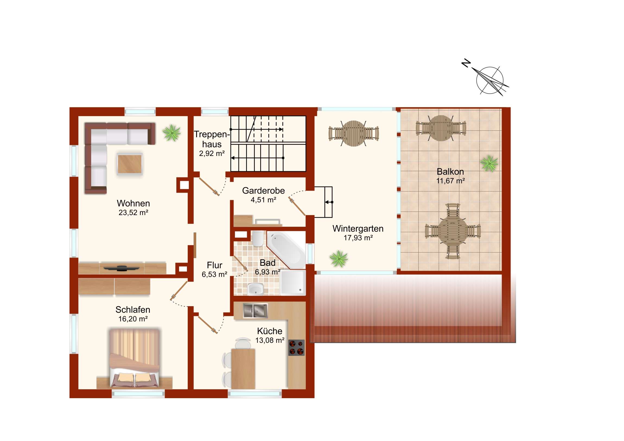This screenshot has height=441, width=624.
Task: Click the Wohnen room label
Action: coord(133,203)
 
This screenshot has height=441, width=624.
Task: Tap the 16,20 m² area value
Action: coord(133,319)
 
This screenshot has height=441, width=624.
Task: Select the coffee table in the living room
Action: coord(130,164)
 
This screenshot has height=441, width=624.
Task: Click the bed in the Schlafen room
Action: coord(134,358)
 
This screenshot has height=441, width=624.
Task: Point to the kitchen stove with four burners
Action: coord(296,347)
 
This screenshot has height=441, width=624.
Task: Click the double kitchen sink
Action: coord(255,310)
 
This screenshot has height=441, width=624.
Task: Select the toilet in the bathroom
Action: coord(257,239)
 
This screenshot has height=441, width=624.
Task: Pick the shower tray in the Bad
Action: coord(293,283)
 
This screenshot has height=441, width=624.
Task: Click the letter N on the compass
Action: coord(466,63)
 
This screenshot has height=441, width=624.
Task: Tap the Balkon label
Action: coord(450,171)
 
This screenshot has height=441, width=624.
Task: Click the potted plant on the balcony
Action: coord(489,163)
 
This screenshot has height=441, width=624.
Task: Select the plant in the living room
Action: coord(171,133)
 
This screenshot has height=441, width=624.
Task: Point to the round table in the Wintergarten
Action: coord(353,134)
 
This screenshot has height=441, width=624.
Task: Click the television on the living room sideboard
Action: coord(122,268)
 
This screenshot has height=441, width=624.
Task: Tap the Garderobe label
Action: coord(263,190)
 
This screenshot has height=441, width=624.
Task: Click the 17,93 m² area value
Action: coord(358,238)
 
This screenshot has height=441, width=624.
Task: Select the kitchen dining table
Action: coord(243,369)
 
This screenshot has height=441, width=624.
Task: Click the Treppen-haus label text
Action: coord(212,139)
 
